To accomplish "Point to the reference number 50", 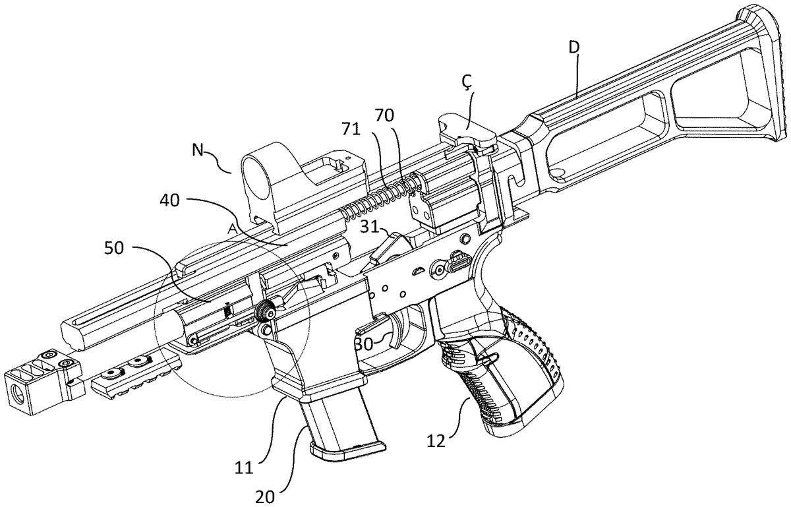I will (119, 248).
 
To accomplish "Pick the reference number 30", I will (363, 343).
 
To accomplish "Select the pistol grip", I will (508, 373).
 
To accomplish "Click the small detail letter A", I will (231, 227).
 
